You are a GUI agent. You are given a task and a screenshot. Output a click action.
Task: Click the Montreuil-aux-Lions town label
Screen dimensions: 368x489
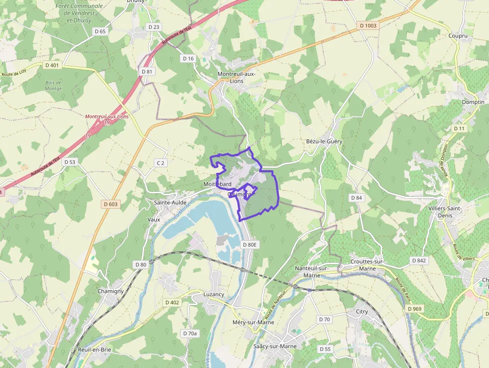[x=237, y=77]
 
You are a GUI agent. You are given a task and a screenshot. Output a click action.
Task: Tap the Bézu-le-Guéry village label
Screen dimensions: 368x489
[x=324, y=141]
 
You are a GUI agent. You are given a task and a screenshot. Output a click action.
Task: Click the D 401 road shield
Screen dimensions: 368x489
[x=51, y=65]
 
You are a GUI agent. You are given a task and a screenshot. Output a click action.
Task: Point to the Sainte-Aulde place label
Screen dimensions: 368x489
[x=170, y=203]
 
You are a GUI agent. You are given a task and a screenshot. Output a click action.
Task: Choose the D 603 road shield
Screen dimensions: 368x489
[x=111, y=204]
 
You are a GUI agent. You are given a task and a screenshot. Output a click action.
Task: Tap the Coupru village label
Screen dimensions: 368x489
[x=457, y=35]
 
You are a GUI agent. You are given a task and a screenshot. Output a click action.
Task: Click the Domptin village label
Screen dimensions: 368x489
[x=473, y=102]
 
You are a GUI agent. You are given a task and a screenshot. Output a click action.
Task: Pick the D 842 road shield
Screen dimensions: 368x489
[x=419, y=261]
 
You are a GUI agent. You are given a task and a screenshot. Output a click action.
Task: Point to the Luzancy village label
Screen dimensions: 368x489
[x=214, y=294]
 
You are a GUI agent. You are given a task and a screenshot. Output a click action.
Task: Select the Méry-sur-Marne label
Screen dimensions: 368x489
[x=253, y=322]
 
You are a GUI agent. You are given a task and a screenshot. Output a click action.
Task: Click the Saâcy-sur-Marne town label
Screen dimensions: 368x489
[x=275, y=346]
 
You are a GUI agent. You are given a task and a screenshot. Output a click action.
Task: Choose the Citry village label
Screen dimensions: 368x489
[x=362, y=312]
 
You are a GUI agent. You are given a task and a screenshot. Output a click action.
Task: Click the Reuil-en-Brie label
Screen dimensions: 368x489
[x=94, y=350]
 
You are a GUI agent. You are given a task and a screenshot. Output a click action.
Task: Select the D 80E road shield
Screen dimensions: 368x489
[x=249, y=245]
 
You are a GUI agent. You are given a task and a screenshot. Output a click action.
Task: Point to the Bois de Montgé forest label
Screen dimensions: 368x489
[x=53, y=85]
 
